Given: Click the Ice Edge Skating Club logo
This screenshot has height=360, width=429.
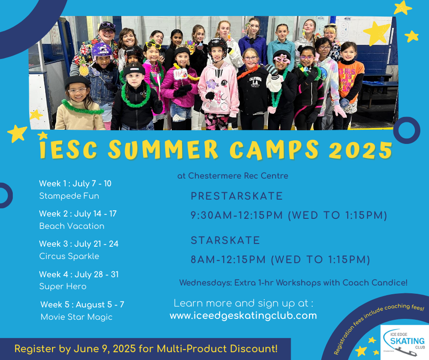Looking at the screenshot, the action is pos(405,343).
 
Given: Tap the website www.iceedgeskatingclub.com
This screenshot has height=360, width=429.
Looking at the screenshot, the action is pos(243,316).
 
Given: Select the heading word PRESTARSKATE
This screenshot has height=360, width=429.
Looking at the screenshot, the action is pos(237,196).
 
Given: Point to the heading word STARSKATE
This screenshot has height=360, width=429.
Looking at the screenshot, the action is pos(225,240).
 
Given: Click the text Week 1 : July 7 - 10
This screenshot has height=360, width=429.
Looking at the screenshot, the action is pos(75,184).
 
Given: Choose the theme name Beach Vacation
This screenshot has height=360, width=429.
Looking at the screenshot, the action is pos(72,226).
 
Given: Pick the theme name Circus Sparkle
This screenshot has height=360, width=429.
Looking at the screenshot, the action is pos(69,256).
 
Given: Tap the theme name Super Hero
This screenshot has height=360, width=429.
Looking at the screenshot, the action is pos(63,286).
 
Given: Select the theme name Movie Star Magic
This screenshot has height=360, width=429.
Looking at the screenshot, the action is pos(77,317).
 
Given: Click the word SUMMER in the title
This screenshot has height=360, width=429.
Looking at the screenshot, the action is pos(163,149).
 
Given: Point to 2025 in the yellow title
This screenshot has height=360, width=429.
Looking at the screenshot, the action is pos(361,150).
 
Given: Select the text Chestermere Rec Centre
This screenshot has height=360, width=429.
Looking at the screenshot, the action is pos(238,175).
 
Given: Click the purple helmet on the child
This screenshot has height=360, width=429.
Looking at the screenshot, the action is pos(102,51).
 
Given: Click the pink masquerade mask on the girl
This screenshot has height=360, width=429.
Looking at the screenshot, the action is pos(282,59).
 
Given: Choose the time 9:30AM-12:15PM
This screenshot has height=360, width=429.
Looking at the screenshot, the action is pos(237,215).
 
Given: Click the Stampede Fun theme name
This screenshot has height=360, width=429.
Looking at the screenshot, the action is pos(69,196).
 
